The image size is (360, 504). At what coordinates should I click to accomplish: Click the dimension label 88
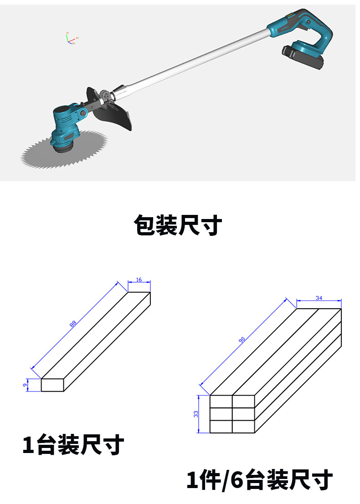pyautogui.click(x=73, y=324)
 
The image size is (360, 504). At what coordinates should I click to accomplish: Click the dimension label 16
pyautogui.click(x=139, y=280)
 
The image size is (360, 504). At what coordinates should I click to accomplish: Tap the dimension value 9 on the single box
pyautogui.click(x=25, y=385)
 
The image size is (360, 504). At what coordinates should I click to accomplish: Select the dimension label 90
pyautogui.click(x=242, y=340)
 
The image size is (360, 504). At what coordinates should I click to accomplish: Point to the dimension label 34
pyautogui.click(x=319, y=298)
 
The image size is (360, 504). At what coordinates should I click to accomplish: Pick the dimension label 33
pyautogui.click(x=196, y=414)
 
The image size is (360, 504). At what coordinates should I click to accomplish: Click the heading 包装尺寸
pyautogui.click(x=178, y=225)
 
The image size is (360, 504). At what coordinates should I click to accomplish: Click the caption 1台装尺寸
pyautogui.click(x=73, y=444)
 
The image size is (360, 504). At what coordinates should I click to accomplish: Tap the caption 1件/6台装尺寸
pyautogui.click(x=260, y=479)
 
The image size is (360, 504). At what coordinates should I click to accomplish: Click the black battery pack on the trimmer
pyautogui.click(x=303, y=56)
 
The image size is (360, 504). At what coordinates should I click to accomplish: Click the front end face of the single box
pyautogui.click(x=52, y=385)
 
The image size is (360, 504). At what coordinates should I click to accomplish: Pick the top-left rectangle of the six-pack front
pyautogui.click(x=221, y=402)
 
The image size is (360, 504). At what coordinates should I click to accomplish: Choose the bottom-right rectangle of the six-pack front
pyautogui.click(x=243, y=427)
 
